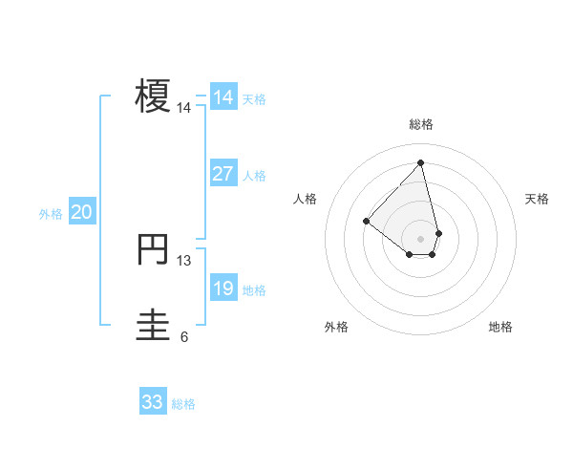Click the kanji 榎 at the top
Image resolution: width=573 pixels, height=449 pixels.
(x=153, y=96)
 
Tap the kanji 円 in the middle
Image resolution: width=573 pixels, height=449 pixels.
(x=153, y=249)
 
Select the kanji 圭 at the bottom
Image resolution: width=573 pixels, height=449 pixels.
(x=153, y=325)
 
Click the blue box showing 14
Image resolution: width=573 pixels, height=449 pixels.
(x=223, y=97)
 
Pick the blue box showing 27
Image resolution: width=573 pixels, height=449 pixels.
(x=223, y=174)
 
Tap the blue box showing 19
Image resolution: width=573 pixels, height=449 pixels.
(x=223, y=289)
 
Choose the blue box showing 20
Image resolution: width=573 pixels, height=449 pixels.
(x=82, y=212)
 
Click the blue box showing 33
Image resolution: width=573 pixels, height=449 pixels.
(x=153, y=402)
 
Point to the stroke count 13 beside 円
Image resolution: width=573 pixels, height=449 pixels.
(x=184, y=260)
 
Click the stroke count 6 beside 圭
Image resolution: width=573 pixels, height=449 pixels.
(x=184, y=336)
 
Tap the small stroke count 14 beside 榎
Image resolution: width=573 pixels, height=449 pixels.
(x=184, y=108)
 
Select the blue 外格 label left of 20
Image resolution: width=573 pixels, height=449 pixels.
(x=51, y=214)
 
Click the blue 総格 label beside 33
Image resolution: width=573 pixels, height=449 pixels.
(x=183, y=404)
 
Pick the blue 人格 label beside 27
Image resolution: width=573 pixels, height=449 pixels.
(x=254, y=176)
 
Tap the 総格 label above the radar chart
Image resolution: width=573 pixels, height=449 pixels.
(x=421, y=124)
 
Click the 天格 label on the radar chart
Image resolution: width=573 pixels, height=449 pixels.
(x=538, y=199)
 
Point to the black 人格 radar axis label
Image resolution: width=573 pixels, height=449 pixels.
(x=306, y=199)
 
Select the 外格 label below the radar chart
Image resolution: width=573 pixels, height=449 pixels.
(x=336, y=327)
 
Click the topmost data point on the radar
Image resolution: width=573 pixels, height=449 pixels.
(x=420, y=162)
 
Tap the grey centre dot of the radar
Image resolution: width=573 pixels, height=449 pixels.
(x=421, y=238)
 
